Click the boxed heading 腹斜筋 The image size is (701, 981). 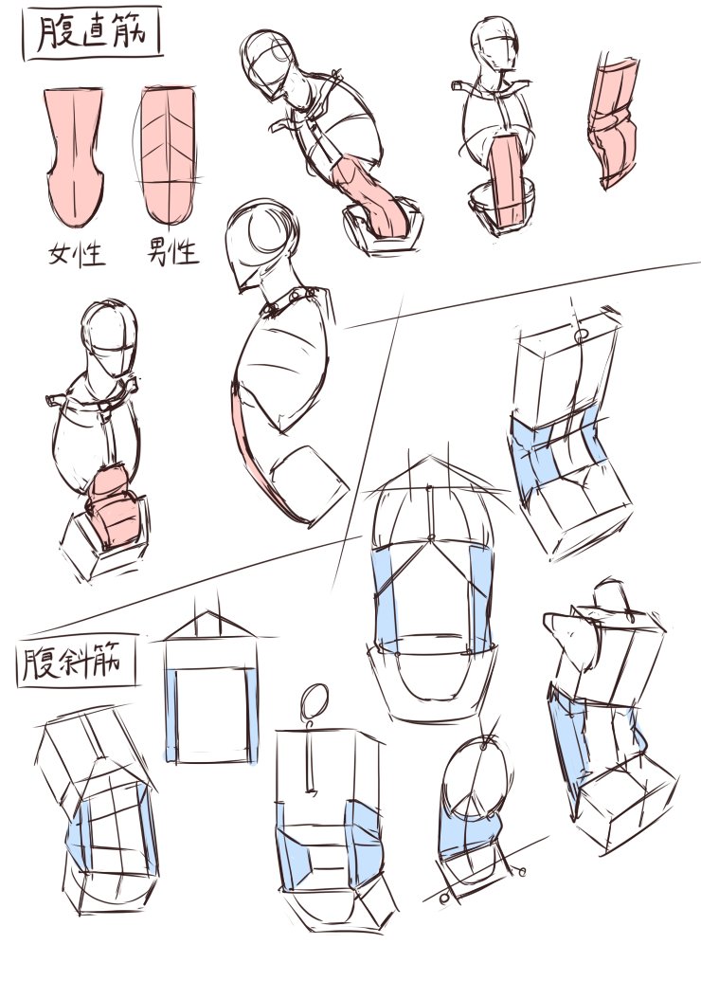point(76,663)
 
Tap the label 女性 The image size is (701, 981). point(77,254)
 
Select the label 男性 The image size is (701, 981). point(172,253)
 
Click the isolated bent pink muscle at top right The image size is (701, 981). point(613,122)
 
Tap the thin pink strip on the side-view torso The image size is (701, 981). point(253,450)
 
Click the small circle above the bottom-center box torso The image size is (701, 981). point(314,700)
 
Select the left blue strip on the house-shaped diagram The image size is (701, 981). point(171,715)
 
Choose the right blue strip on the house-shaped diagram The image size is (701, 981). point(251,715)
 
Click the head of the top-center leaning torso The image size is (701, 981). point(270,63)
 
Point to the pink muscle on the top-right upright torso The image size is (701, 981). point(508,181)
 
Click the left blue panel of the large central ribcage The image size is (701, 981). point(386,602)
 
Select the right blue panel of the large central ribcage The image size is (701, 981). point(480,597)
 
